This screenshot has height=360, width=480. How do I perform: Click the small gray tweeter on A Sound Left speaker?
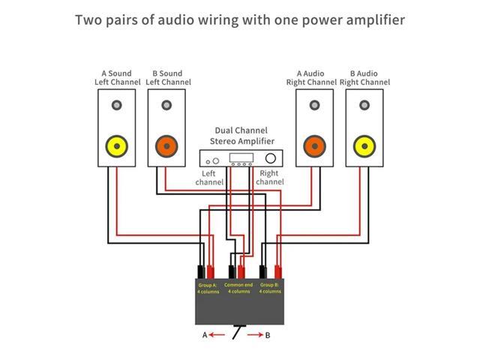[116, 104]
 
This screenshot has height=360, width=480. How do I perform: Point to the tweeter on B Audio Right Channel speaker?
[364, 104]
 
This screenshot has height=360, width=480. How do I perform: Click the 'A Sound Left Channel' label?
[116, 78]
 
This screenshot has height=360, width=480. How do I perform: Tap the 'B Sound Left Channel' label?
[166, 78]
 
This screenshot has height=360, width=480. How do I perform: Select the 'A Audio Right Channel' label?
[310, 78]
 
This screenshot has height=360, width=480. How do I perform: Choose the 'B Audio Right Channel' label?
[364, 78]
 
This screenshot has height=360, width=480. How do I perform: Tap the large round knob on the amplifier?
[270, 159]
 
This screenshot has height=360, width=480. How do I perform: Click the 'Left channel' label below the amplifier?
[209, 178]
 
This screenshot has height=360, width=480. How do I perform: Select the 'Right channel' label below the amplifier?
[270, 178]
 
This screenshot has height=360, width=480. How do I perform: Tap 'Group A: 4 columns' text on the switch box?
[208, 289]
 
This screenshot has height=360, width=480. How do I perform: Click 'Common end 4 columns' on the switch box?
[239, 289]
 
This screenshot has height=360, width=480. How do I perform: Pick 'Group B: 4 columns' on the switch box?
[270, 289]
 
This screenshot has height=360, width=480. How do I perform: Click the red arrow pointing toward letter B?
[254, 335]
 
